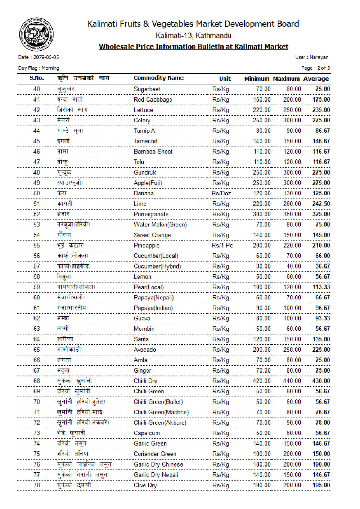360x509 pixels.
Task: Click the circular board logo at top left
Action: point(36,35)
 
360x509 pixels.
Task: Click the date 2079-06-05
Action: point(46,57)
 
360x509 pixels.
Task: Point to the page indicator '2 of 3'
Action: point(323,68)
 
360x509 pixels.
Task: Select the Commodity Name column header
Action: point(158,78)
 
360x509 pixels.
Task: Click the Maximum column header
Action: point(286,78)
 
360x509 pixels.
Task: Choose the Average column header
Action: point(316,78)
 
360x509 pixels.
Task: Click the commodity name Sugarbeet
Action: point(147,89)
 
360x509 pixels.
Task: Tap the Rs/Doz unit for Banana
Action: point(221,193)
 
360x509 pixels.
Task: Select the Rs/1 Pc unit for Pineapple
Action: point(222,246)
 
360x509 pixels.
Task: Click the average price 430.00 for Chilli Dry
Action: point(321,381)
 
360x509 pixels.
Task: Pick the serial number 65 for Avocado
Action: point(37,350)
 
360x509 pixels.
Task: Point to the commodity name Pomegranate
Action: point(151,214)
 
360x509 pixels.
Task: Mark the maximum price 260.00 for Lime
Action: point(292,204)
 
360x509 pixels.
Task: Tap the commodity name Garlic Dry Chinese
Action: point(158,464)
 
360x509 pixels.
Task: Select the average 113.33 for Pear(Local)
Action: point(321,287)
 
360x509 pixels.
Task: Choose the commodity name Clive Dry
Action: point(145,485)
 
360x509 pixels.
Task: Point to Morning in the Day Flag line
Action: point(50,68)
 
